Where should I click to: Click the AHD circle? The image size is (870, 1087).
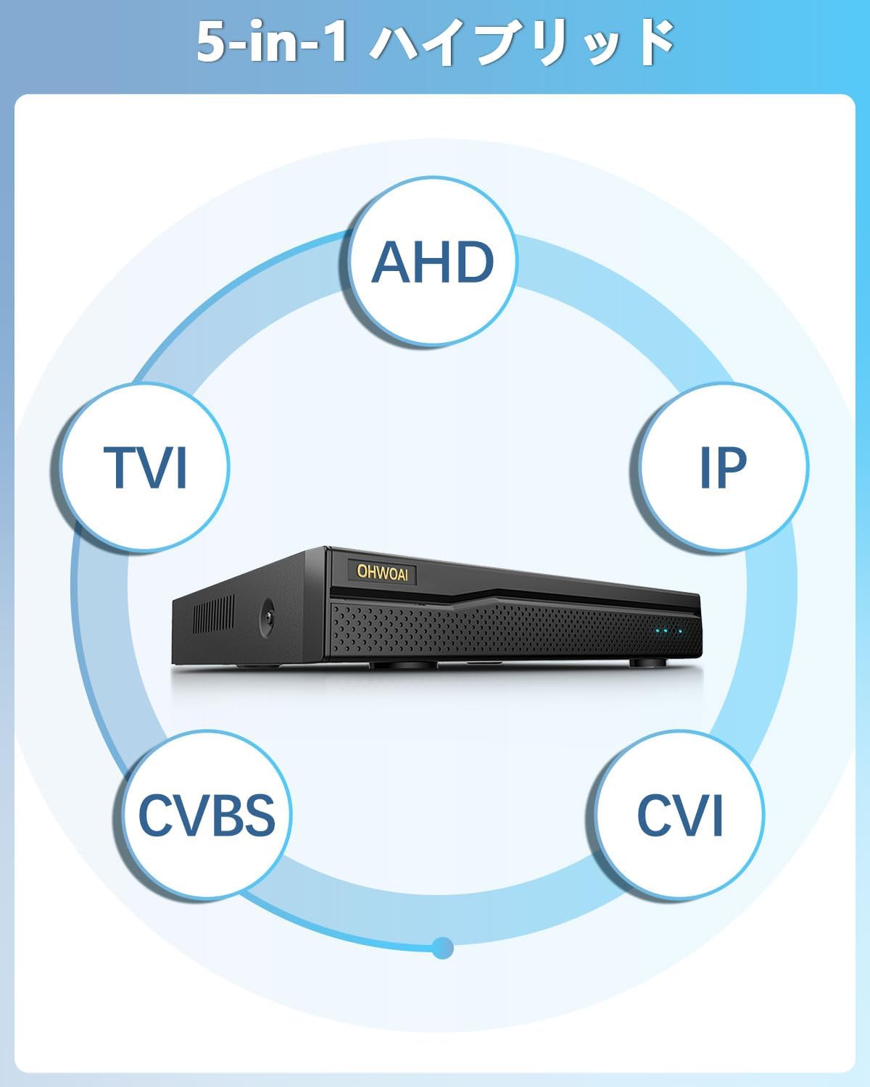pyautogui.click(x=433, y=262)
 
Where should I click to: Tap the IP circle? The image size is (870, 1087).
pyautogui.click(x=723, y=465)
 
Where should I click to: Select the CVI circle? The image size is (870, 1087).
pyautogui.click(x=679, y=815)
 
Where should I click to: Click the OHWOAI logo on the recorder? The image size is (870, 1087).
pyautogui.click(x=382, y=570)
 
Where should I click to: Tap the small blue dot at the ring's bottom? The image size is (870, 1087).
pyautogui.click(x=442, y=947)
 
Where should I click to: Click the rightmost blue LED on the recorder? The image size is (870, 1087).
pyautogui.click(x=680, y=632)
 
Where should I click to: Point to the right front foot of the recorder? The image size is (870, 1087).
pyautogui.click(x=642, y=662)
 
